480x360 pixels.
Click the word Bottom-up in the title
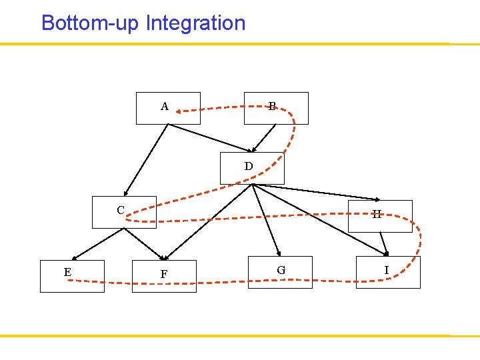(x=90, y=23)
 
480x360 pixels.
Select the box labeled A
(x=168, y=109)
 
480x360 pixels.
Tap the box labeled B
(x=276, y=109)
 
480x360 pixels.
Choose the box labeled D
(x=252, y=168)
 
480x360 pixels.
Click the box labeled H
(x=380, y=216)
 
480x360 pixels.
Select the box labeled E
(x=72, y=276)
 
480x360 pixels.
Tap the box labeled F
(x=164, y=276)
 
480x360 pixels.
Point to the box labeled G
(x=280, y=272)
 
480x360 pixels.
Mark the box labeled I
(x=388, y=272)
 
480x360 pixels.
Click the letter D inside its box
(x=249, y=166)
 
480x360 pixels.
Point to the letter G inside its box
(x=281, y=270)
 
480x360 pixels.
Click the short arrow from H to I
(x=383, y=243)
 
